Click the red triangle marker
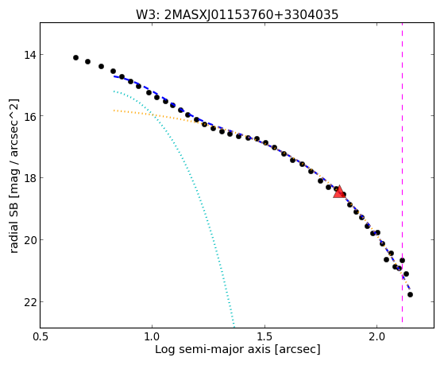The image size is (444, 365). coord(338,192)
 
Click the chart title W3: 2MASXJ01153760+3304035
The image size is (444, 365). coord(237,14)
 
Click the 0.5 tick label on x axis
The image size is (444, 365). coord(41,337)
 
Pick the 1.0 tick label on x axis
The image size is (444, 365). coord(153,337)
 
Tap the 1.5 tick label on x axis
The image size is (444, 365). coord(264,337)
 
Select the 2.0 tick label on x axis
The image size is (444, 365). coord(376,337)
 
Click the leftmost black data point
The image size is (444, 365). coord(75,57)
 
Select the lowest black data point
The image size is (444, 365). coord(410,295)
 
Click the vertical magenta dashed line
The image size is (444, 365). coord(402,173)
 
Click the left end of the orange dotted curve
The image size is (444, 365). coord(114,110)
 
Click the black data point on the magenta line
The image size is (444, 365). coord(402,260)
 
